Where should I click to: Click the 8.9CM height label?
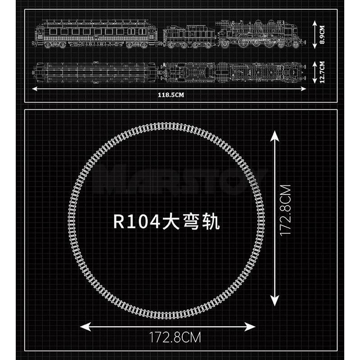tap(322, 35)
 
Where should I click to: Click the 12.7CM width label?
tap(322, 72)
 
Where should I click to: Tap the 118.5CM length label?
tap(171, 95)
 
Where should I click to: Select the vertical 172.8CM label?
tap(286, 210)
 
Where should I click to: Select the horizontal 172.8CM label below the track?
tap(175, 337)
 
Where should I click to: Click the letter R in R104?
tap(119, 222)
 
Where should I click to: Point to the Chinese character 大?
tap(171, 222)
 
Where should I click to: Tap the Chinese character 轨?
tap(211, 222)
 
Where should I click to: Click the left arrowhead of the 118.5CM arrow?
tap(35, 89)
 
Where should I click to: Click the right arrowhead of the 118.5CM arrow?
tap(303, 89)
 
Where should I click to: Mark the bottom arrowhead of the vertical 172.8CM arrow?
tap(274, 300)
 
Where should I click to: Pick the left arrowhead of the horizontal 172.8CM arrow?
tap(85, 327)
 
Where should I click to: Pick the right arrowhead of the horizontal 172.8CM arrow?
tap(250, 327)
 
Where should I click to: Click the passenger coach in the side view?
tap(95, 34)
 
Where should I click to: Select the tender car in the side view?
tap(189, 37)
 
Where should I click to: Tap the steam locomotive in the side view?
tap(261, 34)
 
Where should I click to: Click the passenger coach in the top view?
tap(95, 72)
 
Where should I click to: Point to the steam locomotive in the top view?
tap(261, 72)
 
